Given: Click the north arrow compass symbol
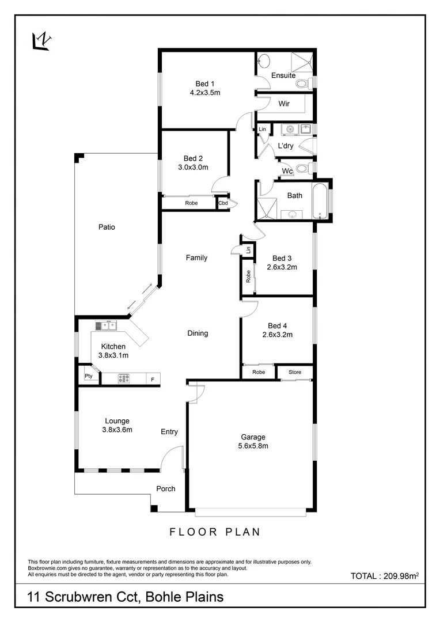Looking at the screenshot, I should [41, 41].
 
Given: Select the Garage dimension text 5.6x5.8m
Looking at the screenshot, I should [253, 445].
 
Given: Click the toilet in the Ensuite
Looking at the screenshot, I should [302, 84].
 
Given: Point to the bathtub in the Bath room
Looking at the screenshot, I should [320, 201].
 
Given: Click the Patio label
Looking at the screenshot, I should [107, 227].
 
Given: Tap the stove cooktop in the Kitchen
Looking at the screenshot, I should [124, 378].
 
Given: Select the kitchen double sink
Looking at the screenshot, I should [105, 326].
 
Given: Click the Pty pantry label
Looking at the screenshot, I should [89, 376].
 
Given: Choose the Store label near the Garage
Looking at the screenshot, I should [294, 372].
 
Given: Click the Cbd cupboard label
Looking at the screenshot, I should [223, 203].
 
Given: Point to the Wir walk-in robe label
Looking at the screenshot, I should [283, 104].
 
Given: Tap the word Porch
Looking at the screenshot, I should [166, 489].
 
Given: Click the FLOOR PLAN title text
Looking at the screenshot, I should [215, 532].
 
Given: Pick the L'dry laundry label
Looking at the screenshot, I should [286, 146].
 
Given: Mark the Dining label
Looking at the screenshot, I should [198, 333].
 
